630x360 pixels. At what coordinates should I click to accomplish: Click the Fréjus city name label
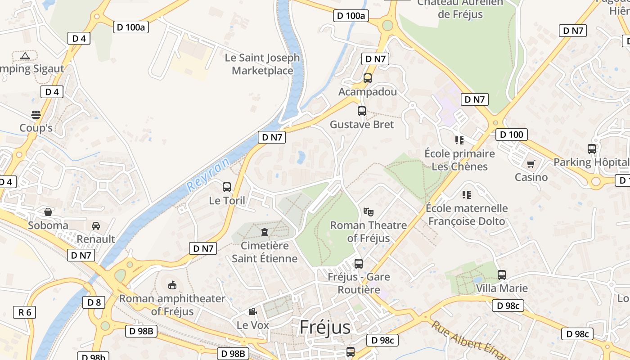[325, 327]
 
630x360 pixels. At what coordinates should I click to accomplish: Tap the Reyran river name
[208, 175]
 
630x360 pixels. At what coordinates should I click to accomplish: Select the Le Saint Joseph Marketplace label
[262, 64]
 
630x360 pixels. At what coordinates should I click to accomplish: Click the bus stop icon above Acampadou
[368, 78]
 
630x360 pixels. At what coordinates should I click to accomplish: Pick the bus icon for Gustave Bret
[362, 111]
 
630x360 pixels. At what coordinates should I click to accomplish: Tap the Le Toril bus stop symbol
[227, 187]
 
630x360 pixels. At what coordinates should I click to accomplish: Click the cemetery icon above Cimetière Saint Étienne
[265, 232]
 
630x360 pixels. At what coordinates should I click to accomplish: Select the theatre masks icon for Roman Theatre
[369, 211]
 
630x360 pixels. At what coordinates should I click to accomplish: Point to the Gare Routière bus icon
[359, 264]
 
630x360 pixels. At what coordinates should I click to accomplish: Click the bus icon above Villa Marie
[502, 274]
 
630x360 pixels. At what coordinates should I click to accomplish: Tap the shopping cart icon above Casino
[531, 164]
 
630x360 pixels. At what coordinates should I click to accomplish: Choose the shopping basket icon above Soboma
[48, 211]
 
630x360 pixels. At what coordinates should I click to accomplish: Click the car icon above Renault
[96, 225]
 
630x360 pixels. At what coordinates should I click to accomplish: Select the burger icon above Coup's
[36, 114]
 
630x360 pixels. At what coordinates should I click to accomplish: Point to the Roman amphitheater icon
[172, 285]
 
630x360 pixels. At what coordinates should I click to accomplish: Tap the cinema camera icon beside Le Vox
[252, 311]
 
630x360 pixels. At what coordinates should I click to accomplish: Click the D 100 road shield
[512, 135]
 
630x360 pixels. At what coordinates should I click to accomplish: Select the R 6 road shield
[24, 312]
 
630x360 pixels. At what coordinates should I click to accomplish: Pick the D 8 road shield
[94, 302]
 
